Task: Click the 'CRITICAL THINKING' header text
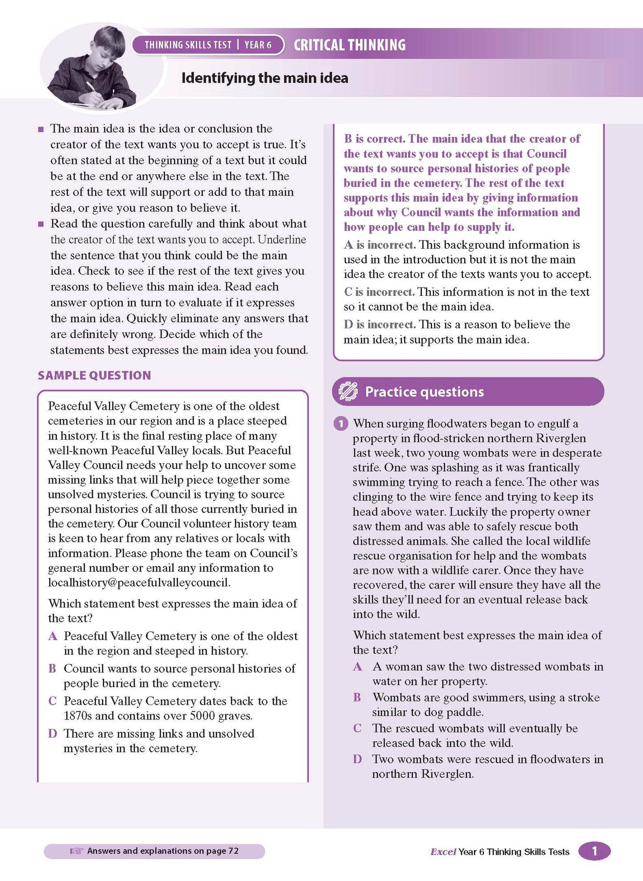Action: click(349, 45)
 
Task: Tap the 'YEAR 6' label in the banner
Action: click(258, 45)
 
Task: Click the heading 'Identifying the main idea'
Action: click(265, 78)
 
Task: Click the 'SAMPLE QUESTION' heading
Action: click(94, 375)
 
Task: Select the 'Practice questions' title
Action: click(424, 392)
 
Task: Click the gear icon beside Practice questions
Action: click(348, 392)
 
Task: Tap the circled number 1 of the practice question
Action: click(340, 424)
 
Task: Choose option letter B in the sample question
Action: click(53, 668)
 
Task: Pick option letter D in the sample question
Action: click(53, 733)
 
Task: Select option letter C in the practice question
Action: click(357, 728)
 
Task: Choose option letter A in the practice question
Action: click(357, 666)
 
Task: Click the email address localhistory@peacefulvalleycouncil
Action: click(139, 582)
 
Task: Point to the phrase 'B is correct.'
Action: click(374, 139)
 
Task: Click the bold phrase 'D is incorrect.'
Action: click(380, 324)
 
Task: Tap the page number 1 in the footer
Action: click(594, 851)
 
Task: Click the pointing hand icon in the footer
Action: click(77, 851)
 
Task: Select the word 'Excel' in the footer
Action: click(443, 852)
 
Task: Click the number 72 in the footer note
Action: click(233, 851)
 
